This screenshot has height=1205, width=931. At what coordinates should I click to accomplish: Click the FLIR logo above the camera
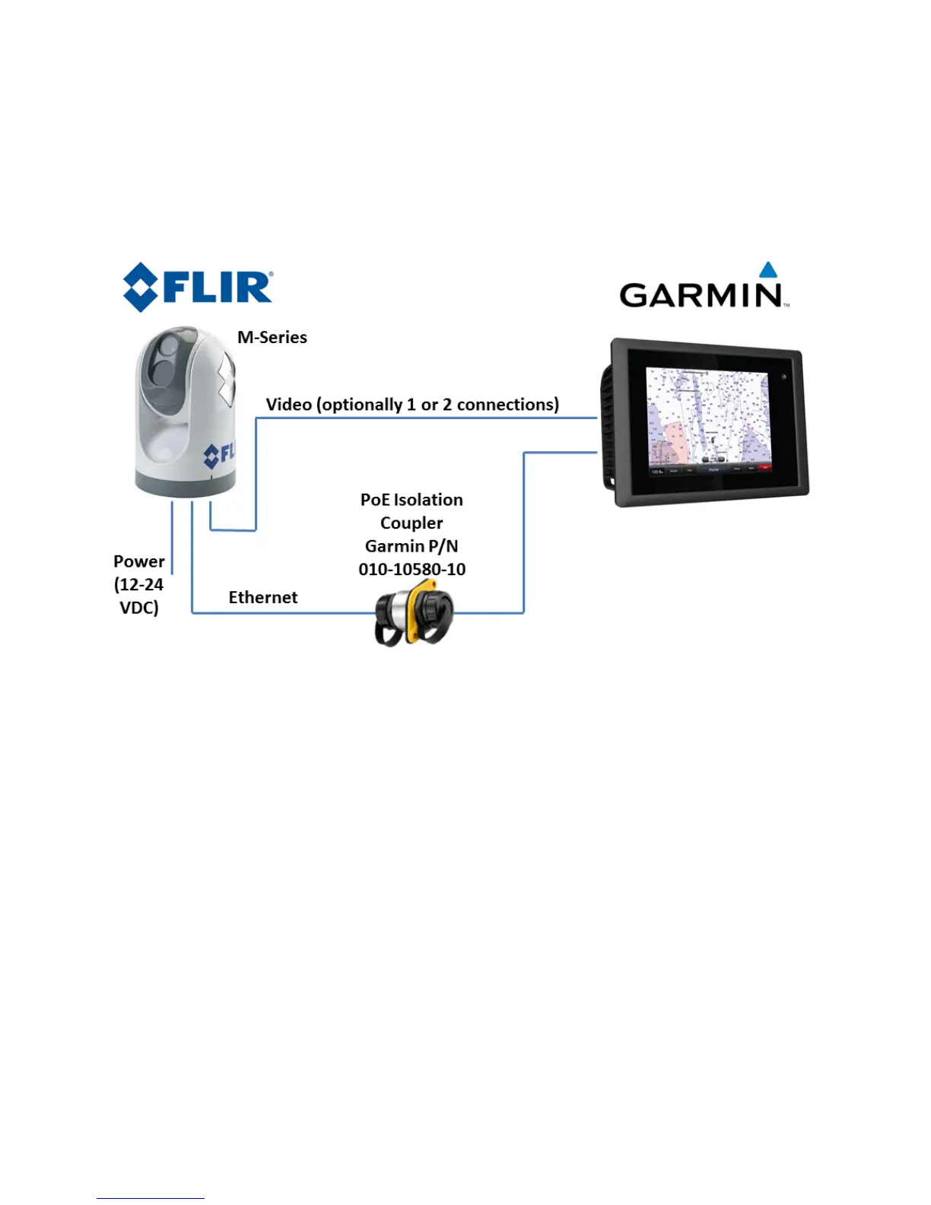pos(198,287)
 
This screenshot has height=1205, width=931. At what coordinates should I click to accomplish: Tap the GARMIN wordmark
pos(701,294)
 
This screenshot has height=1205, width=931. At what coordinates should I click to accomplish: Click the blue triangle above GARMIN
pos(768,269)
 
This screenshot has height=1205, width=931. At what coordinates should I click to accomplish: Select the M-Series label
pos(272,337)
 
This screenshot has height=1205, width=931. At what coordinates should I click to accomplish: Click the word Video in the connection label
pos(288,404)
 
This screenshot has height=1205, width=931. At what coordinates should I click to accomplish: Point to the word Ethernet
pos(263,597)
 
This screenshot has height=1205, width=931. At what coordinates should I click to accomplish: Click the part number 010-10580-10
pos(411,569)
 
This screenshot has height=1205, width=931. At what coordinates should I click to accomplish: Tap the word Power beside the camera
pos(138,561)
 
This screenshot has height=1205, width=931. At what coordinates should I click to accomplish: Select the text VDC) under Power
pos(138,608)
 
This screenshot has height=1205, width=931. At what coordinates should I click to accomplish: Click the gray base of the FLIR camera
pos(185,484)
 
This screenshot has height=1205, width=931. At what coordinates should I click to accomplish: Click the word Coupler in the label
pos(411,523)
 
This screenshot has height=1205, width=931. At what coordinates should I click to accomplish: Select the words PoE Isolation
pos(411,500)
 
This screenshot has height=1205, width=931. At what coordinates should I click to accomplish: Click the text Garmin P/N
pos(411,546)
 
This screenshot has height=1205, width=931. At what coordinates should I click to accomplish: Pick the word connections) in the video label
pos(507,404)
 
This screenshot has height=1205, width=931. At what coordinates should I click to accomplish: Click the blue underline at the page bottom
pos(151,1198)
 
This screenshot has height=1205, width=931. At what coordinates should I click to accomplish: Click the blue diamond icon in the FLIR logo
pos(141,287)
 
